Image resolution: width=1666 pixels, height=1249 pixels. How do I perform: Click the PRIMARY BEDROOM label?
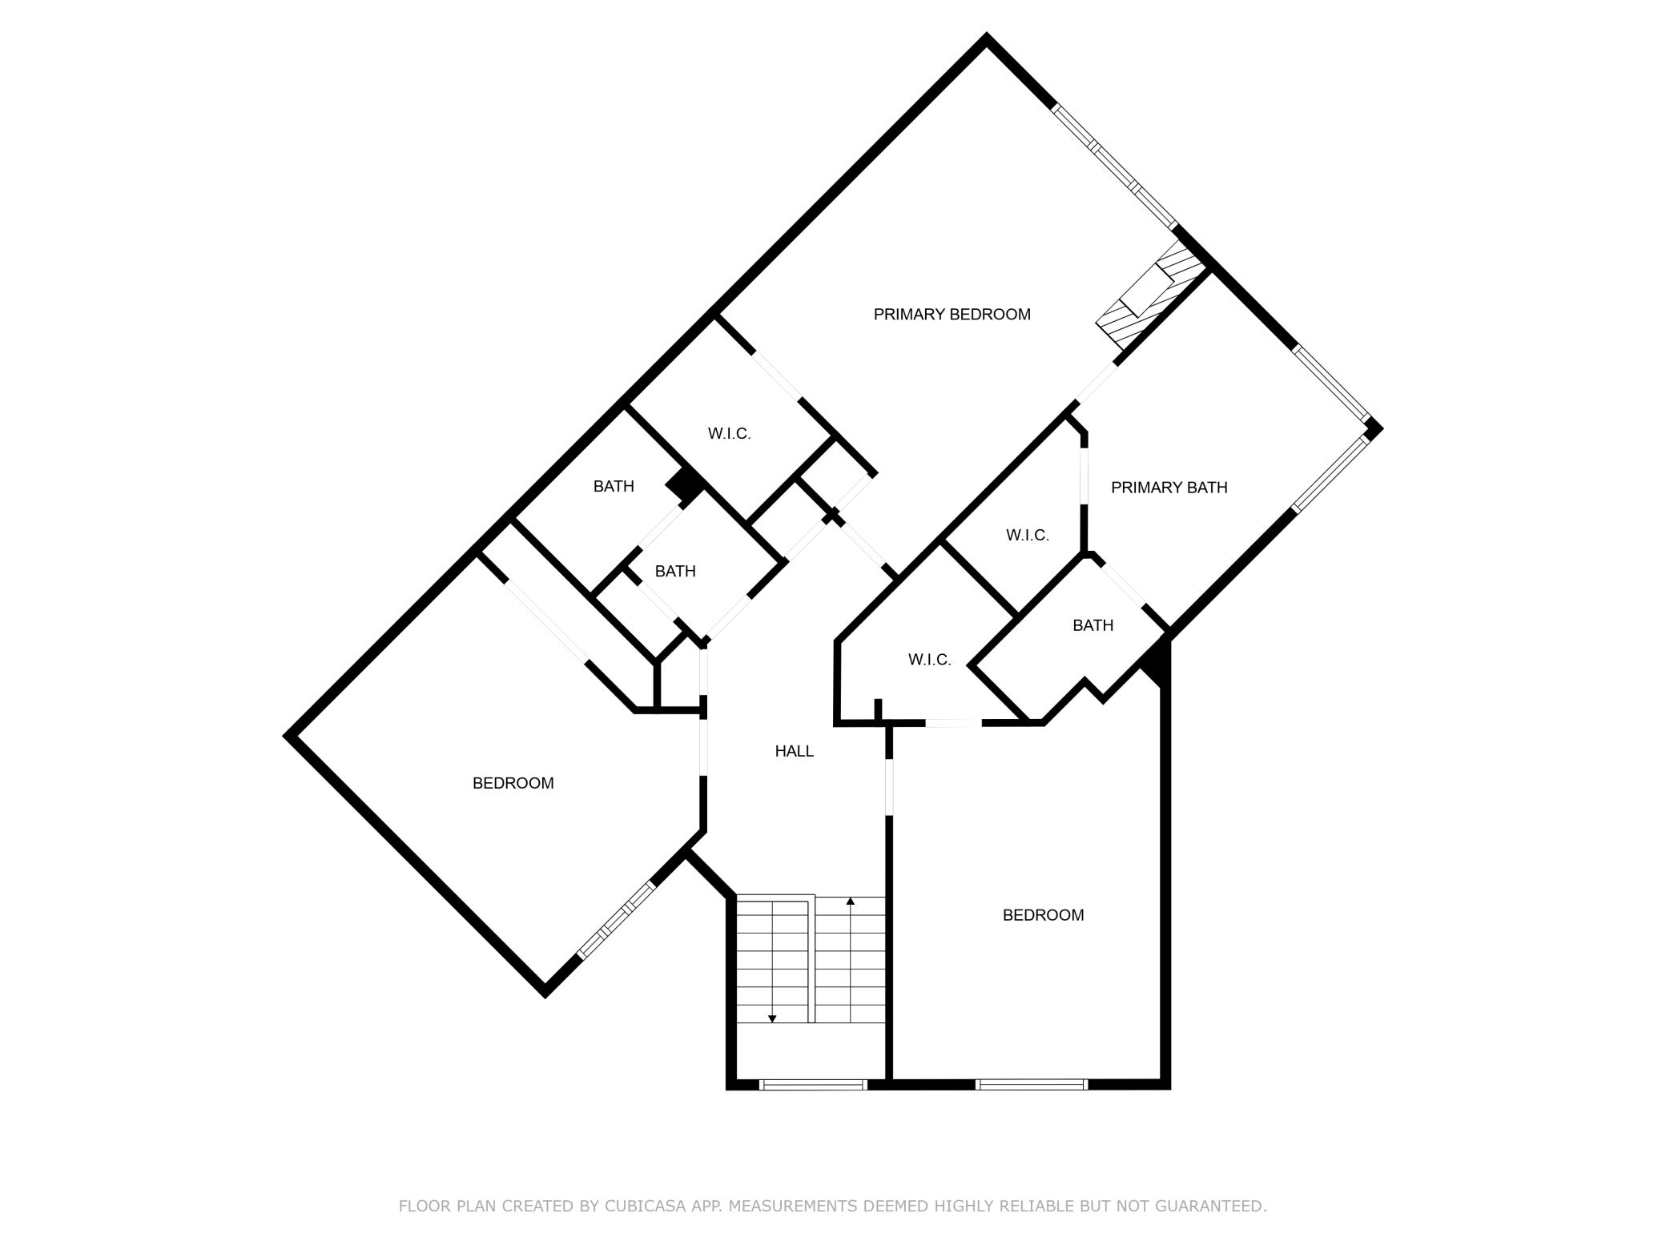coord(952,315)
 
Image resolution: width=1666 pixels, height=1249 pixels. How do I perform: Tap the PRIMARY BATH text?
coord(1169,488)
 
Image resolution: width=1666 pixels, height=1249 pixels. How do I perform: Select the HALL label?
coord(795,751)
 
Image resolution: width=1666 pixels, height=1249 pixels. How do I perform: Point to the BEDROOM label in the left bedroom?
coord(513,783)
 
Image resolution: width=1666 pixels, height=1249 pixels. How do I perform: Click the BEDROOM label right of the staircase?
coord(1044,915)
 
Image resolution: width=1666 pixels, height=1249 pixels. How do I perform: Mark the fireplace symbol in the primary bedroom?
coord(1152,295)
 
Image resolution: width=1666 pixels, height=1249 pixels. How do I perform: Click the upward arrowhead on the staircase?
coord(851,902)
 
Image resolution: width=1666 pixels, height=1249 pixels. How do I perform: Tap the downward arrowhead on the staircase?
coord(772,1019)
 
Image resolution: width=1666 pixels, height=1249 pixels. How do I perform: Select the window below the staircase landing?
coord(813,1085)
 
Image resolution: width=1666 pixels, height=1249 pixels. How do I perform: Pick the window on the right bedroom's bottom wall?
coord(1032,1085)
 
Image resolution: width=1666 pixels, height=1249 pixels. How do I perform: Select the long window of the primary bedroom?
coord(1114,166)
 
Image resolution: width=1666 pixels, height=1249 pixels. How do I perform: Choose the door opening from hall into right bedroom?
coord(889,788)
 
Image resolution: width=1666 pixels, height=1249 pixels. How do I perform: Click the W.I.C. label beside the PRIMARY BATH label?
coord(1028,535)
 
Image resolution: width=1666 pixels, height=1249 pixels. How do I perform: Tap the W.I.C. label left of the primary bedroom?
coord(730,434)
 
